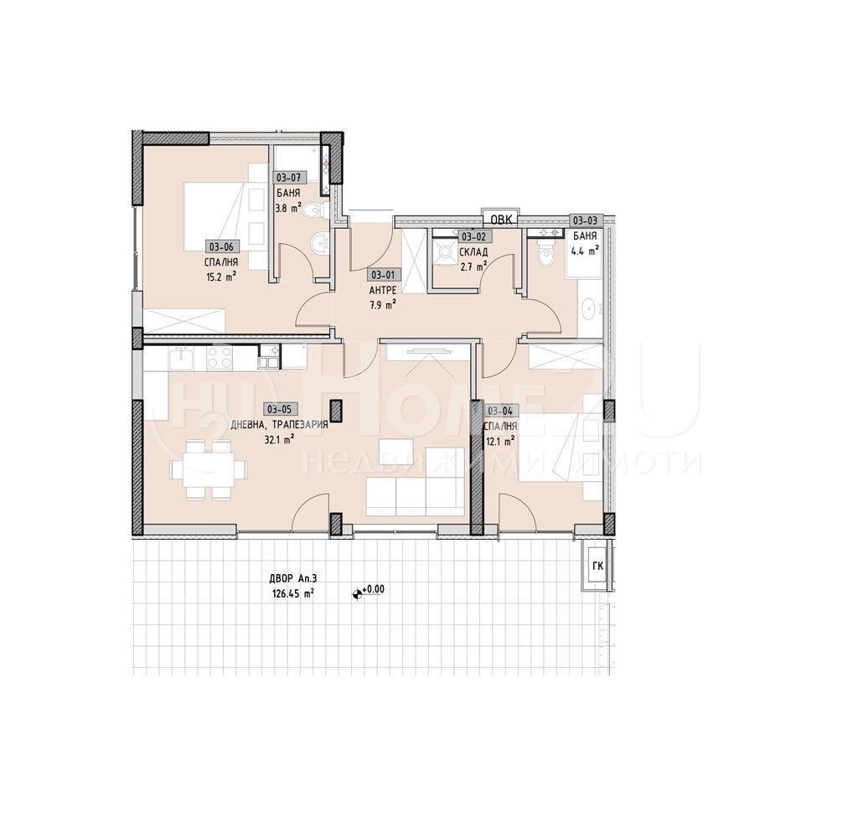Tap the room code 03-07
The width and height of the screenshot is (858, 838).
pos(288,178)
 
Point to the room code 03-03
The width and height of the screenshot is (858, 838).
pos(585,220)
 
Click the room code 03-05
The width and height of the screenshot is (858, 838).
pos(278,409)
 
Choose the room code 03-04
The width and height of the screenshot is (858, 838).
pos(500,410)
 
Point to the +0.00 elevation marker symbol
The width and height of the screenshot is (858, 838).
pos(359,592)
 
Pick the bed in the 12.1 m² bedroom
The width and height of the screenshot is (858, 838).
pos(560,453)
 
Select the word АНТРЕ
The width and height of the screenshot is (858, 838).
pos(382,290)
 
